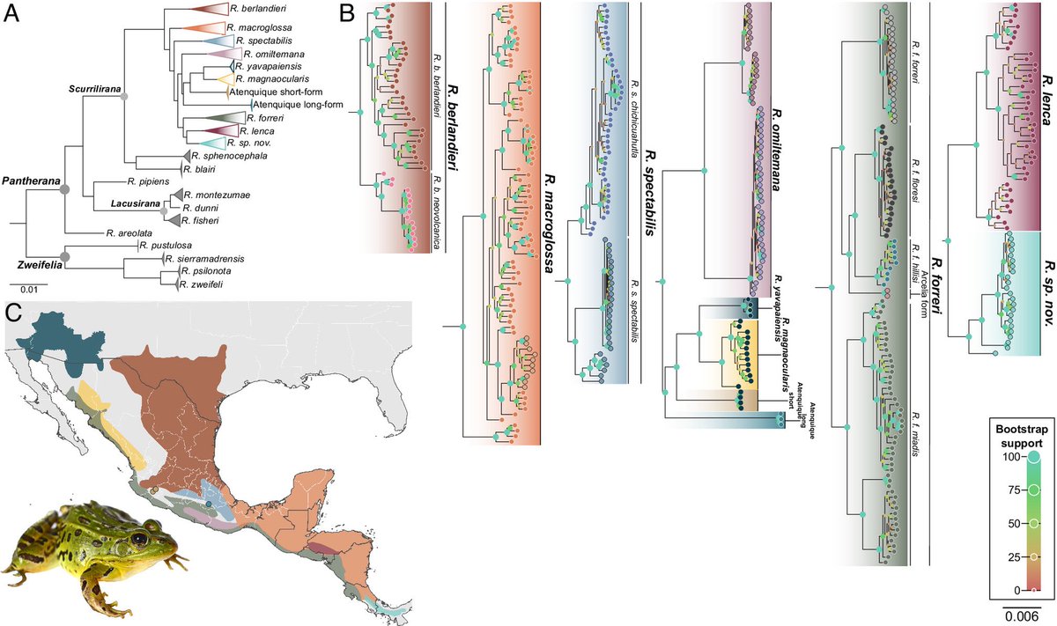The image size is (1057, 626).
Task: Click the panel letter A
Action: [11, 14]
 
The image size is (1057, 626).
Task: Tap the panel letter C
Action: [12, 312]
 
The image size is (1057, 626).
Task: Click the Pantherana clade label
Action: [30, 180]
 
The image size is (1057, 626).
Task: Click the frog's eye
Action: [137, 536]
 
